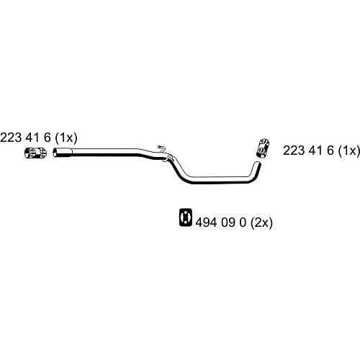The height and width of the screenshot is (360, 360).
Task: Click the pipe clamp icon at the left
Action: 36,153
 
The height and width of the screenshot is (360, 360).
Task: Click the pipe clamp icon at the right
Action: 263,148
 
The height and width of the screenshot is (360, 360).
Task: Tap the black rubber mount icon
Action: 186,217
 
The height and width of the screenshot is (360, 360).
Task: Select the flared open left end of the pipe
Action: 56,153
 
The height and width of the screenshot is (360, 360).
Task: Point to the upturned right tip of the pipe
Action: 258,165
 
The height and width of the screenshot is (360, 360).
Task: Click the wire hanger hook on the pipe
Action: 161,149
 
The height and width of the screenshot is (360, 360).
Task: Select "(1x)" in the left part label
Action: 66,138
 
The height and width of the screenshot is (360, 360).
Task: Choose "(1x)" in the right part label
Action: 348,151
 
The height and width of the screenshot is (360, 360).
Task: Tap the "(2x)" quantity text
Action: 261,223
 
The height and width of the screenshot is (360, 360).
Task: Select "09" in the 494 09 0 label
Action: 228,222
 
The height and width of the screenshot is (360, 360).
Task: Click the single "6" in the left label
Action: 47,138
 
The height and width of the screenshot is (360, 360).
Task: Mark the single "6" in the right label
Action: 330,150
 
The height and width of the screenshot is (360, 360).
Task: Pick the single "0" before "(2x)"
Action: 243,222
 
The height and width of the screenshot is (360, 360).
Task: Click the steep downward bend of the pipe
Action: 179,169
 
